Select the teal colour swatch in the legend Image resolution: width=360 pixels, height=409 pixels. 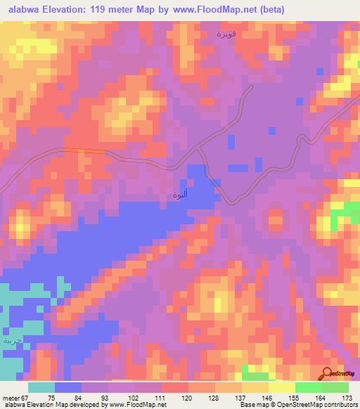[41, 387]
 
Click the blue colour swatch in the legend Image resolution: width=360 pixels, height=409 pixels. [68, 387]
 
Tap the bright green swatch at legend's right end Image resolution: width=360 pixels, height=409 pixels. [335, 387]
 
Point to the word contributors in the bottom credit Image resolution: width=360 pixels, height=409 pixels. [338, 405]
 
